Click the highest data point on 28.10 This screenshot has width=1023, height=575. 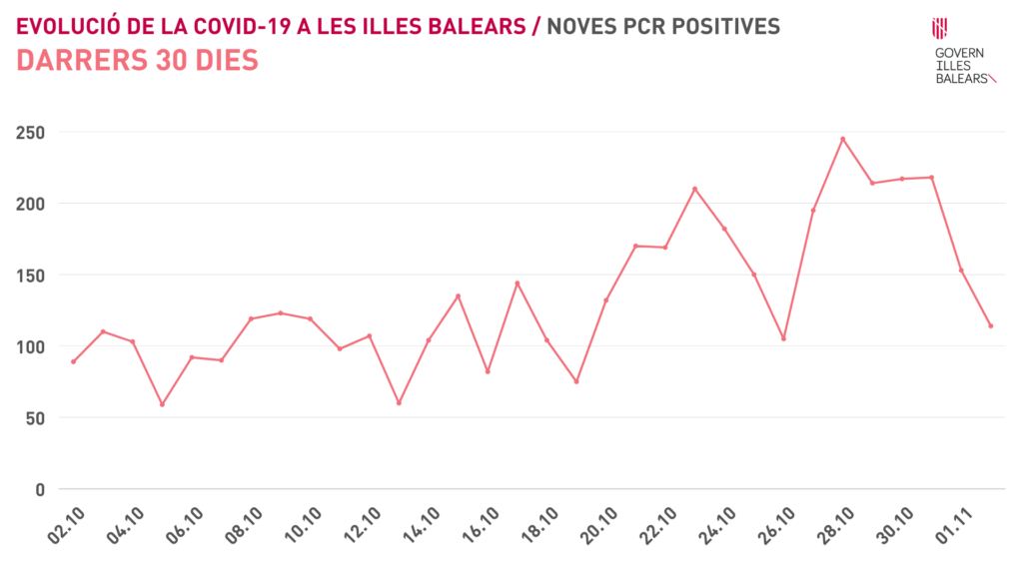point(842,139)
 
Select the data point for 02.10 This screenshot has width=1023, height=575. point(73,361)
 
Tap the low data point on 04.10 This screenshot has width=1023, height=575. point(162,404)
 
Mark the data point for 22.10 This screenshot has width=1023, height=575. point(694,189)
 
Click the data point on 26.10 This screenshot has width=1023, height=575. point(783,338)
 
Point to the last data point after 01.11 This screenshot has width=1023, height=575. point(990,325)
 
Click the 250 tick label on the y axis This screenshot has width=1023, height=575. point(30,132)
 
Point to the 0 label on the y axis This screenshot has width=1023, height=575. point(40,489)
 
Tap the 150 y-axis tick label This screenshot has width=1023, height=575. point(30,275)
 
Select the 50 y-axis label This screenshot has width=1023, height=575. point(35,417)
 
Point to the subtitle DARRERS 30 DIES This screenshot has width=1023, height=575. point(138,61)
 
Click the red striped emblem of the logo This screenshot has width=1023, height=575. point(940,28)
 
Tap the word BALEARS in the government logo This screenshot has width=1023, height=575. point(960,78)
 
